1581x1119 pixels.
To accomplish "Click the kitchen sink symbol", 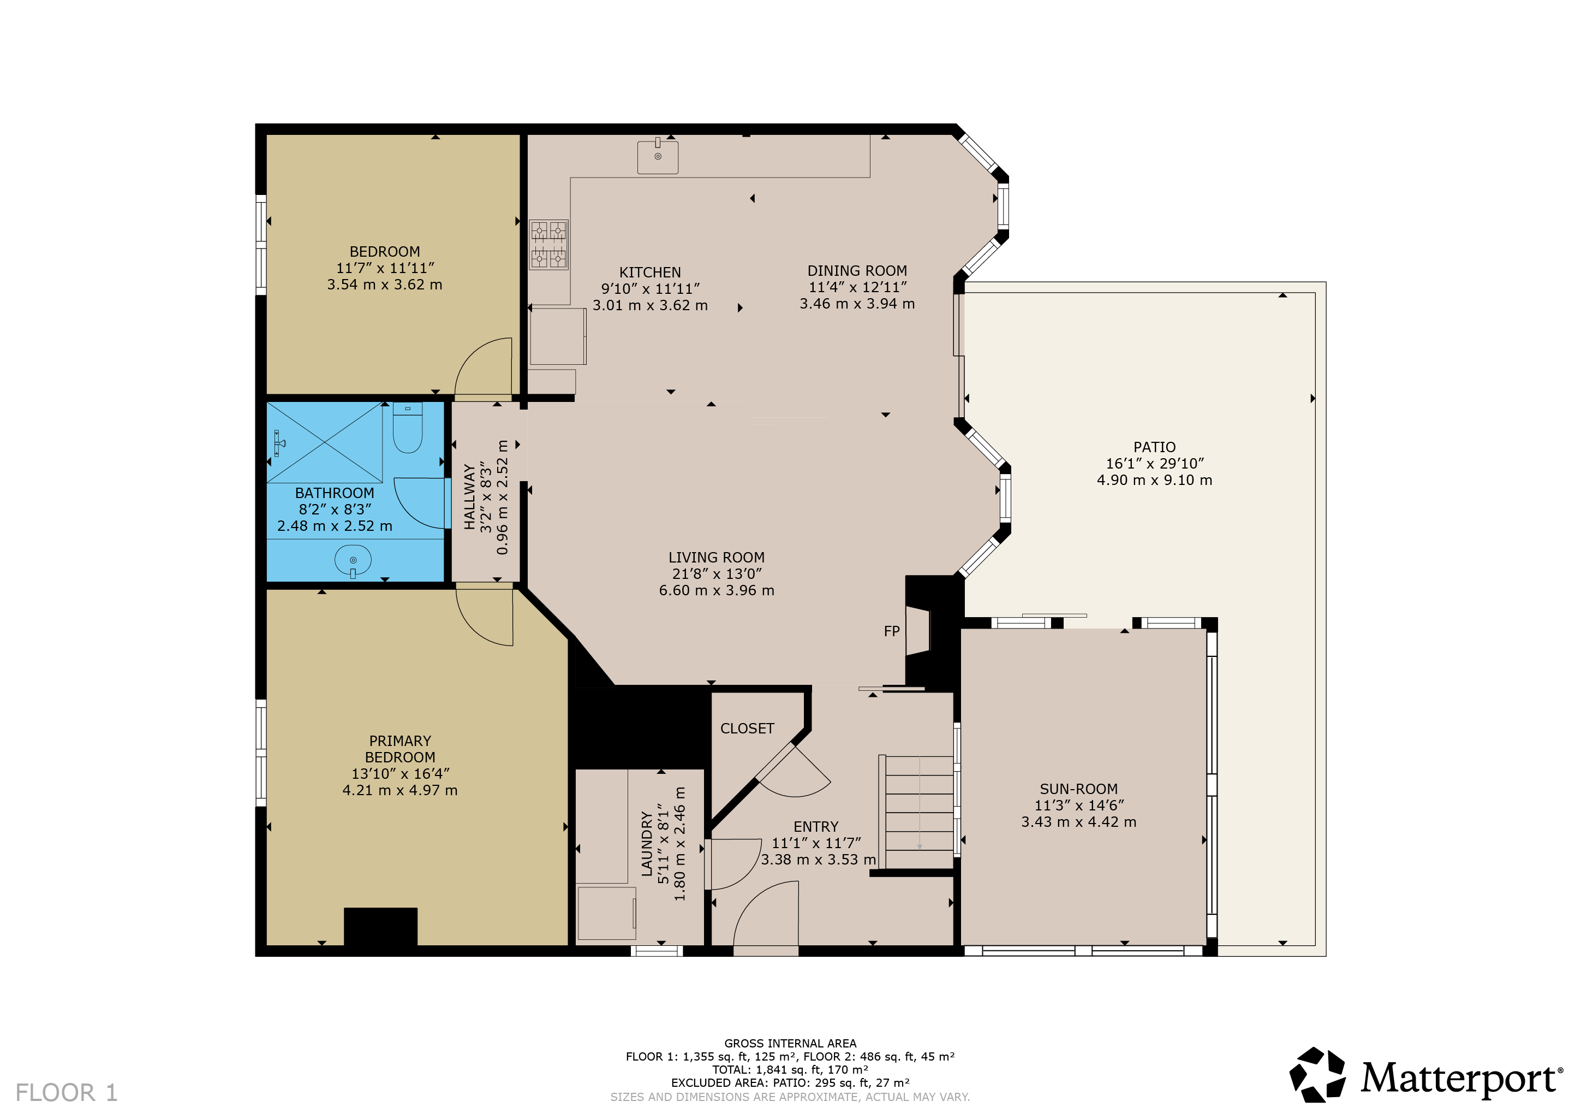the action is tap(658, 156).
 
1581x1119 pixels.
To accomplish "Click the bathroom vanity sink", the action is tap(353, 561).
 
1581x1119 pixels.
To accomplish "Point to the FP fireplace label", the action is tap(892, 631).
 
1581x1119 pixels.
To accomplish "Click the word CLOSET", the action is tap(747, 729).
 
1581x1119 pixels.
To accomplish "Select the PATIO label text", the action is tap(1155, 447).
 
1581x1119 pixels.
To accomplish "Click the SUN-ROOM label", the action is tap(1078, 789).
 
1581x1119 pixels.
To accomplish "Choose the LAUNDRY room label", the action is tap(647, 844).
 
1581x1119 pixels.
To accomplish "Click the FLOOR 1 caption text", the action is tap(67, 1093).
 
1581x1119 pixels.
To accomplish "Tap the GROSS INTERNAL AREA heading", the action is tap(790, 1043).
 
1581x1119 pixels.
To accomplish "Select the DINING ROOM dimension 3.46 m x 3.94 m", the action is tap(857, 304).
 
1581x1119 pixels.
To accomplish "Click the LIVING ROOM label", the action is tap(717, 558).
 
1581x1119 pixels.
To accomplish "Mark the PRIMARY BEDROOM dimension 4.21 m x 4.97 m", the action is tap(400, 790).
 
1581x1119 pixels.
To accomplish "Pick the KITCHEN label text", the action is tap(650, 272).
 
